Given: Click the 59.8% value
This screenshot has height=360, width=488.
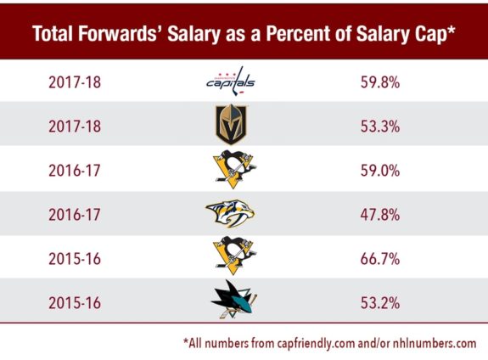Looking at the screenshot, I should coord(378,82).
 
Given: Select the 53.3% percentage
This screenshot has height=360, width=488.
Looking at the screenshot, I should coord(378,127).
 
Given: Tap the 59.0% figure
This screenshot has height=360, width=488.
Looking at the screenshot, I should coord(378,171).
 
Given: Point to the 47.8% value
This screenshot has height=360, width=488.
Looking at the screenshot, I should coord(378,214).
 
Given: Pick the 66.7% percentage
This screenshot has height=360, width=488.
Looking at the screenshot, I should coord(378,257).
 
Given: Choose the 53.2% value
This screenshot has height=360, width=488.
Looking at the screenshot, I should coord(378,301).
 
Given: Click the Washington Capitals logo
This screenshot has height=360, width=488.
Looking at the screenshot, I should coord(230,82).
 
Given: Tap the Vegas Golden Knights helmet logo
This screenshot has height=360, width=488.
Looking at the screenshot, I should coord(230,127).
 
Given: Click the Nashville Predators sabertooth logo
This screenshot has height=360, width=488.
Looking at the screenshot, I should coord(230,214).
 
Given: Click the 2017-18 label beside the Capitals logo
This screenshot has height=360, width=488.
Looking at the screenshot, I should coord(73,82).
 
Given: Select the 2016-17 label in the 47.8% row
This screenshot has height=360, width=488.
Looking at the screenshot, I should coord(73,214).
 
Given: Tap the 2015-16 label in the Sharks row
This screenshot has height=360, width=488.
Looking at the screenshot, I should coord(73,301).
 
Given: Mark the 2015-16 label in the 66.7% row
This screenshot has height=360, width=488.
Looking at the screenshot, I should coord(73,257).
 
